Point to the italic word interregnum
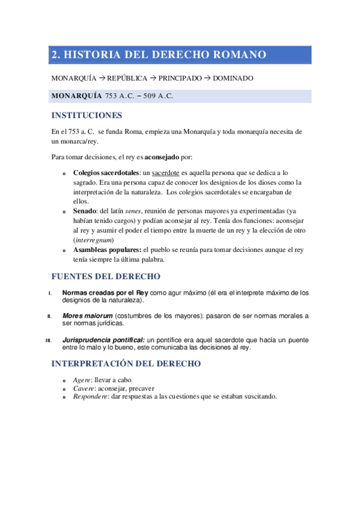(96, 240)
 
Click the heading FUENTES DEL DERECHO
(106, 277)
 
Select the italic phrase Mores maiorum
(87, 316)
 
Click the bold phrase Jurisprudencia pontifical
(107, 340)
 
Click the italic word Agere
(82, 380)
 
